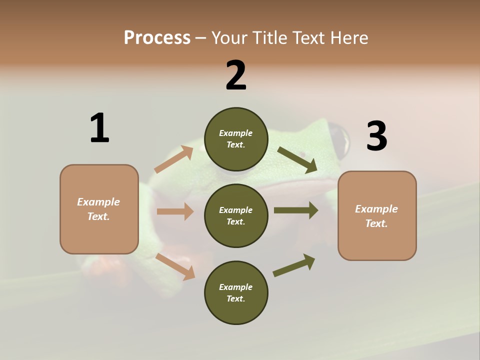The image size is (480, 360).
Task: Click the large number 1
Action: point(99,128)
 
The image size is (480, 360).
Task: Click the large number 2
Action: point(236,76)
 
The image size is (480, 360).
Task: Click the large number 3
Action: point(376,136)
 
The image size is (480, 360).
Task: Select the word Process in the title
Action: point(157,37)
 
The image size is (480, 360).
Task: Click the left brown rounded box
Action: point(99,209)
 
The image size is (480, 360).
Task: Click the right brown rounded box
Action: point(377,216)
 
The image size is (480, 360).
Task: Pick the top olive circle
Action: point(236,139)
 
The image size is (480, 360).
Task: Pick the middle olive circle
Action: point(236,215)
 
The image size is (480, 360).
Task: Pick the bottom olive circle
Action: point(236,292)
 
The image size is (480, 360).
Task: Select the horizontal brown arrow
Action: point(175,211)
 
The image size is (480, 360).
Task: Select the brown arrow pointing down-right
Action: point(175,266)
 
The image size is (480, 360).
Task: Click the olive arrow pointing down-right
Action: point(297,159)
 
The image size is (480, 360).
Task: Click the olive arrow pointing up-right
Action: point(294,265)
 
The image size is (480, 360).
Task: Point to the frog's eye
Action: point(340,139)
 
